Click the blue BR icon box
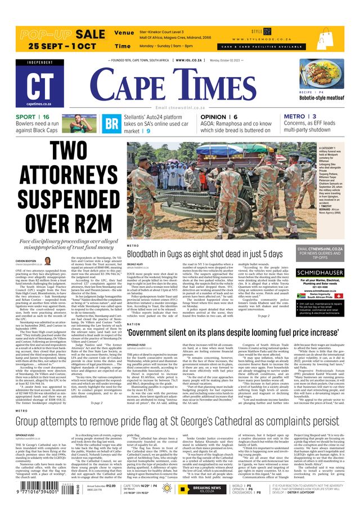[x=112, y=123]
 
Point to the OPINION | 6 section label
[x=218, y=117]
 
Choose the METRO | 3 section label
[x=300, y=117]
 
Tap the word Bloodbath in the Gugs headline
[x=150, y=255]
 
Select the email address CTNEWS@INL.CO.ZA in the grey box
[x=319, y=248]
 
